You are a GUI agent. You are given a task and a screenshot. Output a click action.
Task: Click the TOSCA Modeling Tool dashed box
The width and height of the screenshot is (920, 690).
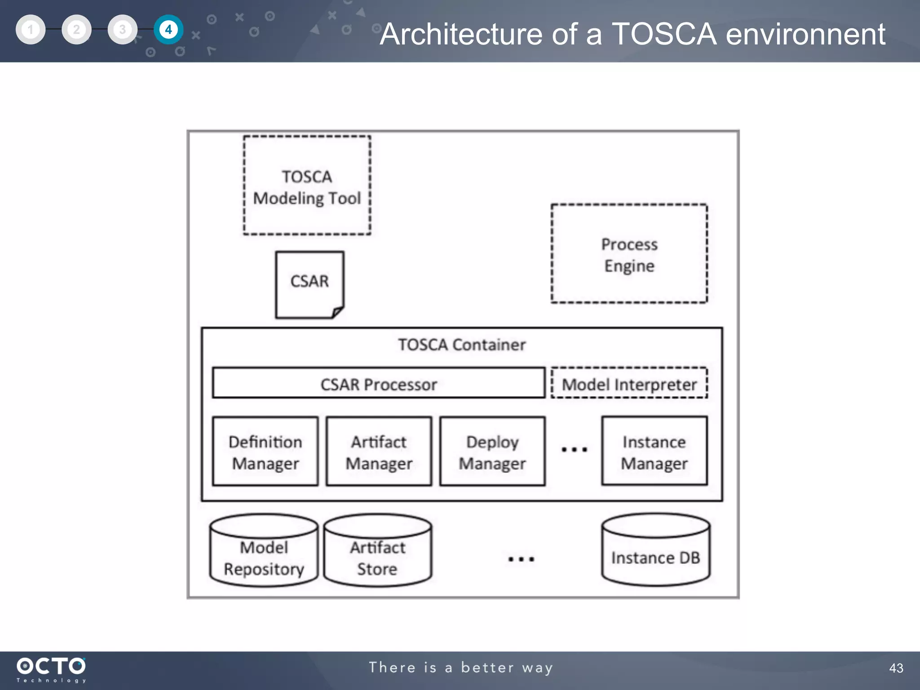pyautogui.click(x=307, y=186)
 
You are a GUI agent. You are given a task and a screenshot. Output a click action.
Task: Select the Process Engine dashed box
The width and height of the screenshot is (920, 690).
pyautogui.click(x=629, y=254)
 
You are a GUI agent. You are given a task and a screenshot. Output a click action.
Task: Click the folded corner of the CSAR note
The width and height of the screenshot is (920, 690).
pyautogui.click(x=338, y=312)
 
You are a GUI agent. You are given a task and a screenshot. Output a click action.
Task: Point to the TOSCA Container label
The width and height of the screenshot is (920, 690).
pyautogui.click(x=462, y=345)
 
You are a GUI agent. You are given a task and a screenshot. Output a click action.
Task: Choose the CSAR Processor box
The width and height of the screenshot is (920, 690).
pyautogui.click(x=378, y=384)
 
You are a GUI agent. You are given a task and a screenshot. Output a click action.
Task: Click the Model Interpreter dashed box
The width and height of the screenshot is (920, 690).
pyautogui.click(x=629, y=384)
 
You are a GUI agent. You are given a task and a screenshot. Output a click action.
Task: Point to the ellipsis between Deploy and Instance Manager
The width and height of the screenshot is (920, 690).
pyautogui.click(x=574, y=449)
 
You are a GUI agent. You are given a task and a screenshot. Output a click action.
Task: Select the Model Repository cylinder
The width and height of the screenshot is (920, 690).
pyautogui.click(x=264, y=553)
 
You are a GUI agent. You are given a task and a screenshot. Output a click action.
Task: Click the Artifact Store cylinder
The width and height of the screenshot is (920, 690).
pyautogui.click(x=377, y=553)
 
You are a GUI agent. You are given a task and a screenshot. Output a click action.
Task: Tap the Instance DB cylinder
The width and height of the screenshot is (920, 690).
pyautogui.click(x=655, y=553)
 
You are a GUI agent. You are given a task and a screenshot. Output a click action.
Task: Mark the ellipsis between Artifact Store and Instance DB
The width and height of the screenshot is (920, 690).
pyautogui.click(x=521, y=559)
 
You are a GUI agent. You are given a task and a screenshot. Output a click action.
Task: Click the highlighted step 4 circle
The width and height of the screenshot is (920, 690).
pyautogui.click(x=168, y=30)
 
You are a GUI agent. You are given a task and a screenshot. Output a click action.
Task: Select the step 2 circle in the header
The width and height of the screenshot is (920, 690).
pyautogui.click(x=76, y=30)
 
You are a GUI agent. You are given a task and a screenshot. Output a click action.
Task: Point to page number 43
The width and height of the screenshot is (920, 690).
pyautogui.click(x=896, y=668)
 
